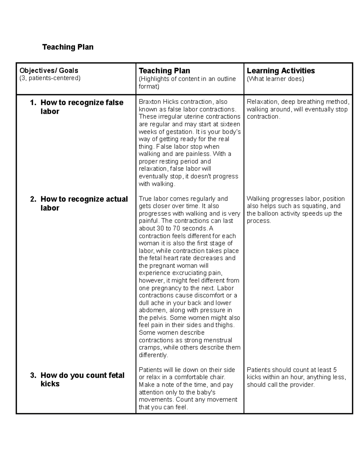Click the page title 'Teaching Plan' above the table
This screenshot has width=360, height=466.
(x=68, y=47)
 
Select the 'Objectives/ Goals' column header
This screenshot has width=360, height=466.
(x=49, y=71)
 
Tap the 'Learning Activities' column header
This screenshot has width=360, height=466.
(x=280, y=71)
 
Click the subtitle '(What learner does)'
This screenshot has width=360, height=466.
(x=275, y=79)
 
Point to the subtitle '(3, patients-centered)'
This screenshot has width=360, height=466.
(x=50, y=78)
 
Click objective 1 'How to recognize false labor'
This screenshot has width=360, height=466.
(x=82, y=107)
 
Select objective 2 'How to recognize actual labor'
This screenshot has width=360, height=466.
(x=84, y=203)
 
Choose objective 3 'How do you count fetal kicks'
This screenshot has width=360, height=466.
(x=82, y=380)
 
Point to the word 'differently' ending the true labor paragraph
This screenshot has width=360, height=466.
(x=153, y=355)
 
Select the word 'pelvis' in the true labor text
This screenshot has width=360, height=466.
(x=158, y=318)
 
